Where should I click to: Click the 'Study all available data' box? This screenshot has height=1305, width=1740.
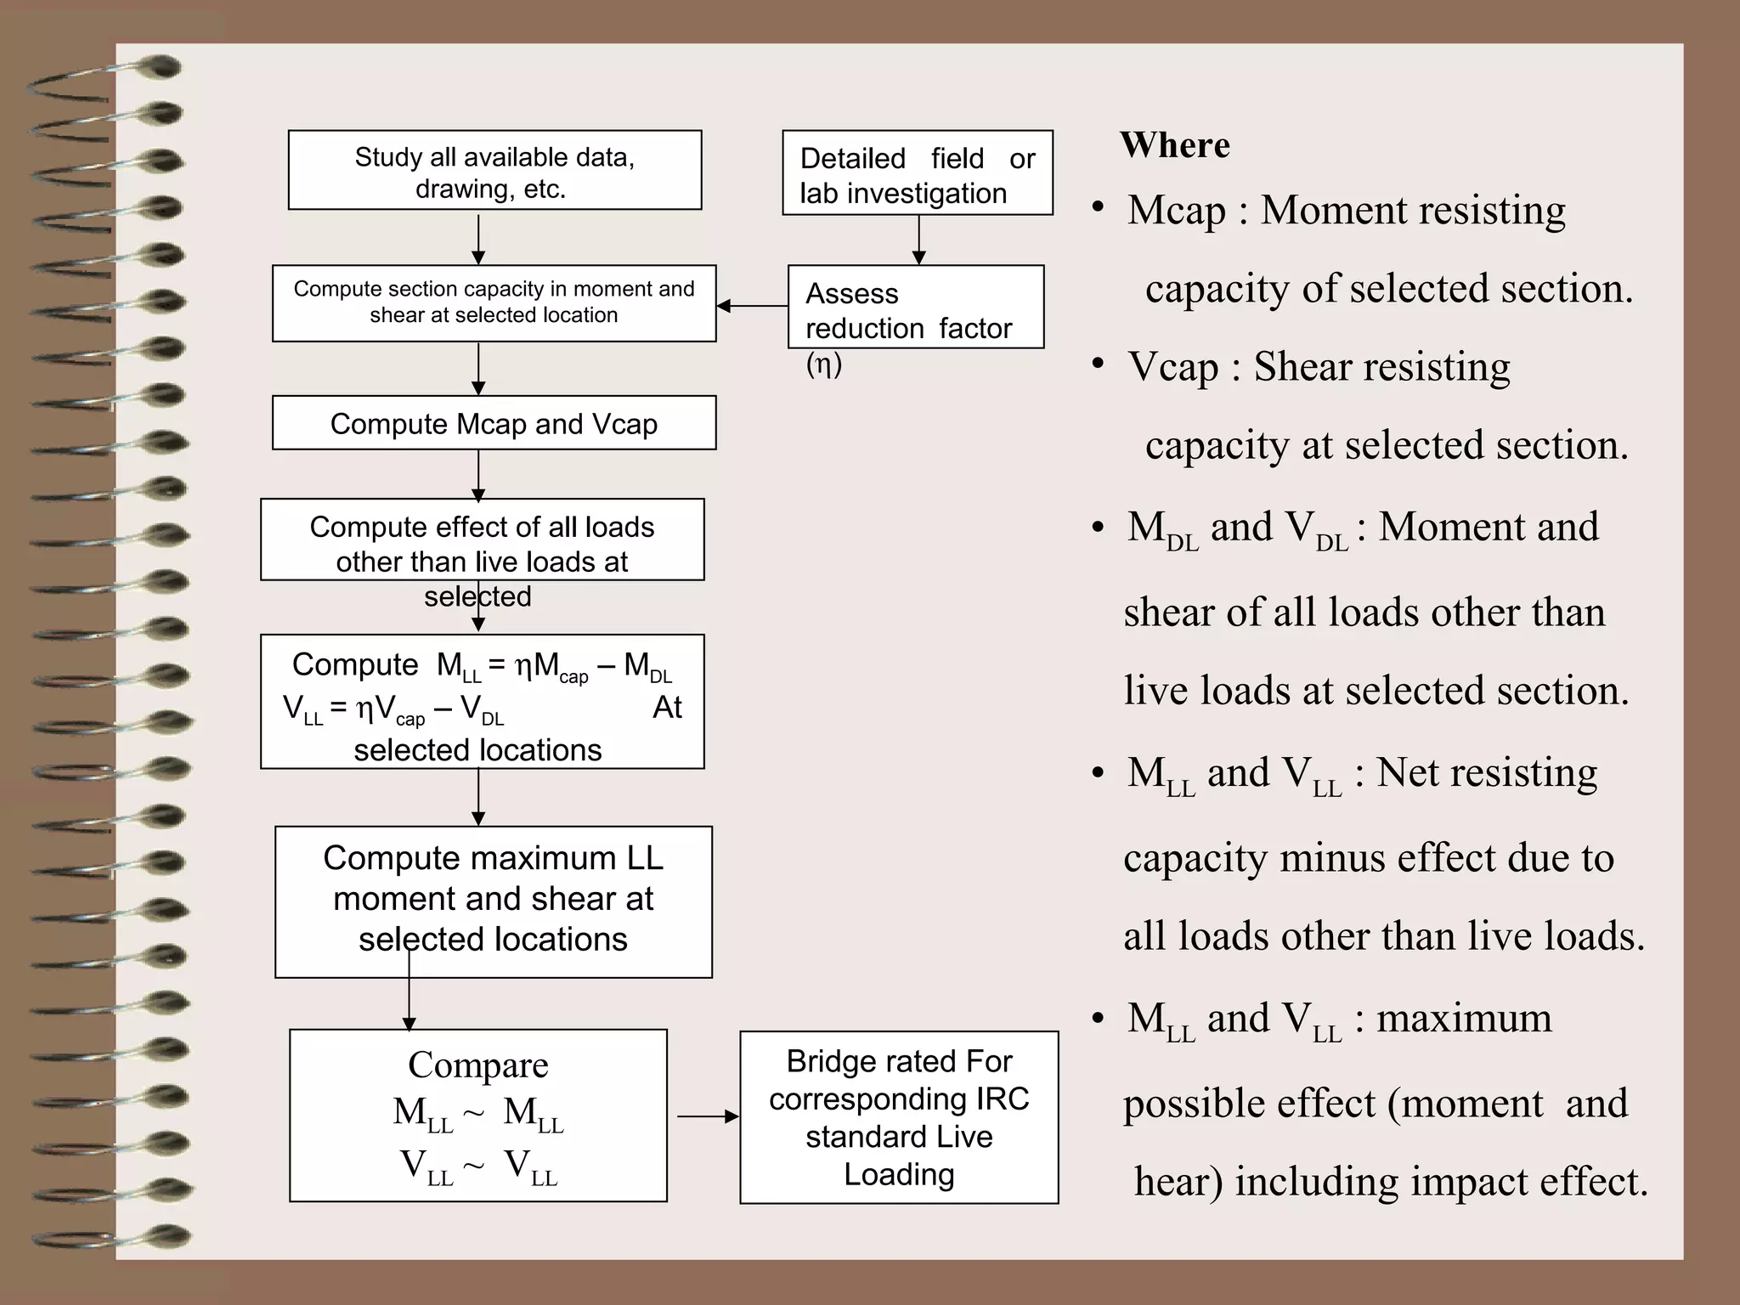click(x=494, y=170)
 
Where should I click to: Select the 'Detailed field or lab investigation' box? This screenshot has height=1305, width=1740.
click(x=917, y=172)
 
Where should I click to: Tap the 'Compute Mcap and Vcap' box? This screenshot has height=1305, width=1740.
click(x=494, y=423)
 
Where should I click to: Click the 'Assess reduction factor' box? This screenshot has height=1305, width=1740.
click(x=915, y=307)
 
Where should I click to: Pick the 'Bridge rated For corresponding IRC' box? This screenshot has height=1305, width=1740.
click(x=899, y=1117)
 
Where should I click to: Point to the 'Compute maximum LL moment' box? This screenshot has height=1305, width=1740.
click(x=493, y=901)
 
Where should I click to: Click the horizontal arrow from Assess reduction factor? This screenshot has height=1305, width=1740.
click(x=752, y=306)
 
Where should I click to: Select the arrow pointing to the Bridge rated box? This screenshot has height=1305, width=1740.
click(x=708, y=1116)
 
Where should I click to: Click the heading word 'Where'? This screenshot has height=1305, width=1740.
click(x=1174, y=145)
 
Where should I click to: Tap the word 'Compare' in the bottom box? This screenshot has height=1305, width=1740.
click(x=477, y=1065)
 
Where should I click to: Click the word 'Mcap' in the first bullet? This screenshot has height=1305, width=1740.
click(x=1176, y=211)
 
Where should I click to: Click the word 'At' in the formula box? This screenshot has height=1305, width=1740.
click(x=667, y=708)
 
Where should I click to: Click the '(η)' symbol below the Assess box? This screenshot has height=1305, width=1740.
click(x=823, y=364)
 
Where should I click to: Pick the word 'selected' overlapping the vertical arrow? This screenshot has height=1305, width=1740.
click(x=477, y=596)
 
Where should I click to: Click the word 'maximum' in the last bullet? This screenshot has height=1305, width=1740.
click(x=1463, y=1019)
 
